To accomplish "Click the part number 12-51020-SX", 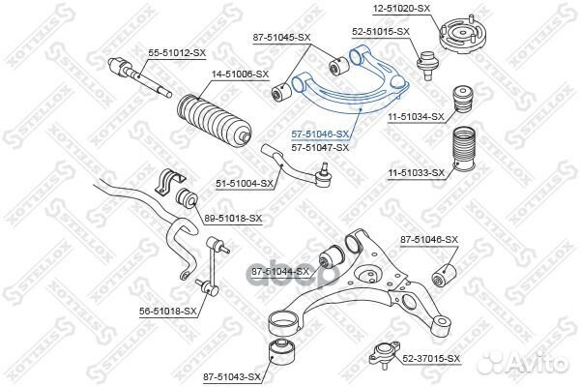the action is pyautogui.click(x=402, y=8).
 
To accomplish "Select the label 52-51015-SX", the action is pyautogui.click(x=381, y=32).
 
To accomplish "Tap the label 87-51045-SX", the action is pyautogui.click(x=282, y=38).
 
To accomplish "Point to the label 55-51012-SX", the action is pyautogui.click(x=177, y=53).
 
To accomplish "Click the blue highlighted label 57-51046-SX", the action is pyautogui.click(x=320, y=134).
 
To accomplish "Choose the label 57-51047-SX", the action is pyautogui.click(x=320, y=147).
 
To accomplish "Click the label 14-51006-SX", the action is pyautogui.click(x=241, y=74).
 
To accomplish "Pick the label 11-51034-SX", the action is pyautogui.click(x=416, y=117).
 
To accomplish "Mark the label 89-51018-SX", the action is pyautogui.click(x=233, y=219).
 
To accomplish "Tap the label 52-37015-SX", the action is pyautogui.click(x=431, y=359).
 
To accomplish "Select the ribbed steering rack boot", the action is pyautogui.click(x=215, y=122).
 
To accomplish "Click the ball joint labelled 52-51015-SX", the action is pyautogui.click(x=427, y=65).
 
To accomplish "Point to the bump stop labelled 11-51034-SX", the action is pyautogui.click(x=464, y=100).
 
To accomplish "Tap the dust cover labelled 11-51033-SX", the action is pyautogui.click(x=464, y=150).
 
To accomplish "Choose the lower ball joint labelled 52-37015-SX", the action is pyautogui.click(x=384, y=356).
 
